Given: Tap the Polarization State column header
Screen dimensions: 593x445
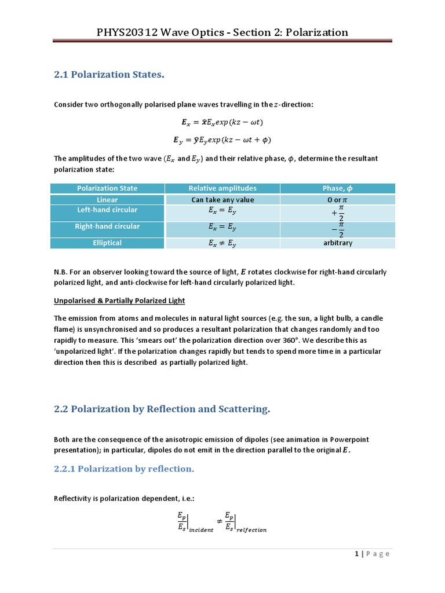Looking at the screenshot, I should point(107,188).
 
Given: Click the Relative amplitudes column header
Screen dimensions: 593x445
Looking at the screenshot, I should point(222,188).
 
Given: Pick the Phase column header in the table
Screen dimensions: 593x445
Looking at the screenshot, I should point(337,188).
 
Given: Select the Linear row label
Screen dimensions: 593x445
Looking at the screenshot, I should point(107,200).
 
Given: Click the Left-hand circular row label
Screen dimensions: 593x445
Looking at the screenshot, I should point(107,210).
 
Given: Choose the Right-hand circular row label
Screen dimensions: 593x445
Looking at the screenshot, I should point(107,226).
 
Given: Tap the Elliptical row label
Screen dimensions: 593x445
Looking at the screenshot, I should point(107,243).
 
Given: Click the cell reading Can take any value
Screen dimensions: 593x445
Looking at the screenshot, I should point(222,200).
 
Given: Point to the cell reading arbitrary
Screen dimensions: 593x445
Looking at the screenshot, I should point(338,243).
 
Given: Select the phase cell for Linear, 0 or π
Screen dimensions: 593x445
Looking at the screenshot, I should point(338,200).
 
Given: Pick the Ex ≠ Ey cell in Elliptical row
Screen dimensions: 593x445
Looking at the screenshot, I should point(222,244).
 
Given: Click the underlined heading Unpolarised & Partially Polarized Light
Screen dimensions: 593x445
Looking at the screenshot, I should point(119,301).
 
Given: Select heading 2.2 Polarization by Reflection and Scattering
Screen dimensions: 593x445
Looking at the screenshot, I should point(162,409).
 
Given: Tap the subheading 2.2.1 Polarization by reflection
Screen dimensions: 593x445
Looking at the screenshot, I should point(124,468).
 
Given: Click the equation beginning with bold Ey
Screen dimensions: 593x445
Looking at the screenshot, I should point(222,140).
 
